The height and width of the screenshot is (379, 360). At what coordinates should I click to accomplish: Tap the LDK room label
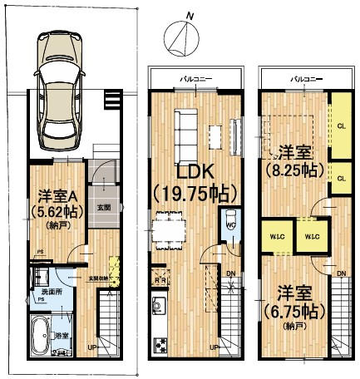click(195, 172)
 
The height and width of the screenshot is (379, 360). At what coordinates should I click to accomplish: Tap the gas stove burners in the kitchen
click(158, 344)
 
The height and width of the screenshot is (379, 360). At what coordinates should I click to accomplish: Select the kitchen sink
click(157, 312)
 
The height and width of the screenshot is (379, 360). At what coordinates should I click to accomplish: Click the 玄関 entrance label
click(105, 207)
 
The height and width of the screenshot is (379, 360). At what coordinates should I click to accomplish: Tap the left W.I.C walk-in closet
click(274, 237)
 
